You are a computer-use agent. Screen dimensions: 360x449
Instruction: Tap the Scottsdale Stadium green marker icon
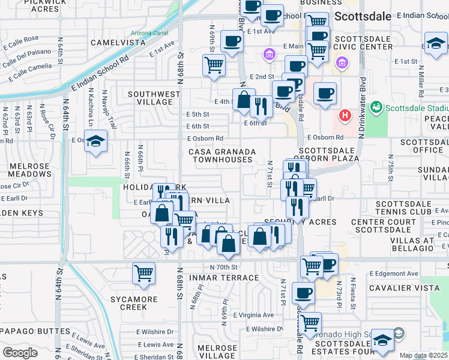pos(376,108)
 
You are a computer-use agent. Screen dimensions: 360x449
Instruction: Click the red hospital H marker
pos(345,115)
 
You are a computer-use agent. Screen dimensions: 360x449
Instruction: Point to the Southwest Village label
pos(154,98)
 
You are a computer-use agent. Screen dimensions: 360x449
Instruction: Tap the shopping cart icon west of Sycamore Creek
pos(143,274)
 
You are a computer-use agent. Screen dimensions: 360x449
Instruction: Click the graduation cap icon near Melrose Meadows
pos(95,142)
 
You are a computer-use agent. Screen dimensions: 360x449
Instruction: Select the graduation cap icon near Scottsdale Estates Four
pos(382,340)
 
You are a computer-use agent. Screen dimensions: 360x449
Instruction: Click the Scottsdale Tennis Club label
pos(411,208)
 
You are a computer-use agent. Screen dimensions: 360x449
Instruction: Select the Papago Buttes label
pos(35,331)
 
